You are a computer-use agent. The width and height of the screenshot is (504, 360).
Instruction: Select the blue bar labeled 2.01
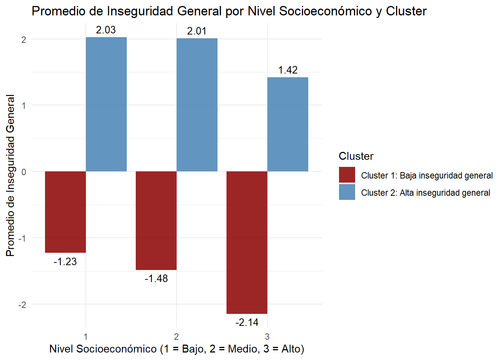(197, 105)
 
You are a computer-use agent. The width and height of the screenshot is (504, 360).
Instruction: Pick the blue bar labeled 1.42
(288, 124)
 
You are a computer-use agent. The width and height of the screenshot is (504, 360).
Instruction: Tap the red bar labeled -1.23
(65, 212)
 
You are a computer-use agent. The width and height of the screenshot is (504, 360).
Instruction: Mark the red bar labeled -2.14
(247, 242)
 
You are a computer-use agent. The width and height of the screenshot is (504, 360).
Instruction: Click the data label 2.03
(106, 30)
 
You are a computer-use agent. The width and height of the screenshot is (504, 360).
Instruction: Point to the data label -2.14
(247, 322)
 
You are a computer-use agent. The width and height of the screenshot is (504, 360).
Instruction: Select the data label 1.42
(288, 70)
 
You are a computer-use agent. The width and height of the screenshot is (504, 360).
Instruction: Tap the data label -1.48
(156, 279)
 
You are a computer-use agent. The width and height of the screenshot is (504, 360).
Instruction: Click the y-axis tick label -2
(22, 304)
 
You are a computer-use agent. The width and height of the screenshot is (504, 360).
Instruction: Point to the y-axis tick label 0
(24, 172)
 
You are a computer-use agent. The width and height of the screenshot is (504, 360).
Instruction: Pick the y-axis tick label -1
(22, 238)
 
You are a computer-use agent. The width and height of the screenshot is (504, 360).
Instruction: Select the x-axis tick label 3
(267, 336)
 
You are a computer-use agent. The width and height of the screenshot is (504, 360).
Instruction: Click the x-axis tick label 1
(86, 336)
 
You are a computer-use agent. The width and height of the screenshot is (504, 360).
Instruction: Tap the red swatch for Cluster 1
(347, 175)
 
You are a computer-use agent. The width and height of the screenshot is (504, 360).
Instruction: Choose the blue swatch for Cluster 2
(347, 192)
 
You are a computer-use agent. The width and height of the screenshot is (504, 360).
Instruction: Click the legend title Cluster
(356, 156)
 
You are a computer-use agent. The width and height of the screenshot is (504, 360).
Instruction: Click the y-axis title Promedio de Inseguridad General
(10, 175)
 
